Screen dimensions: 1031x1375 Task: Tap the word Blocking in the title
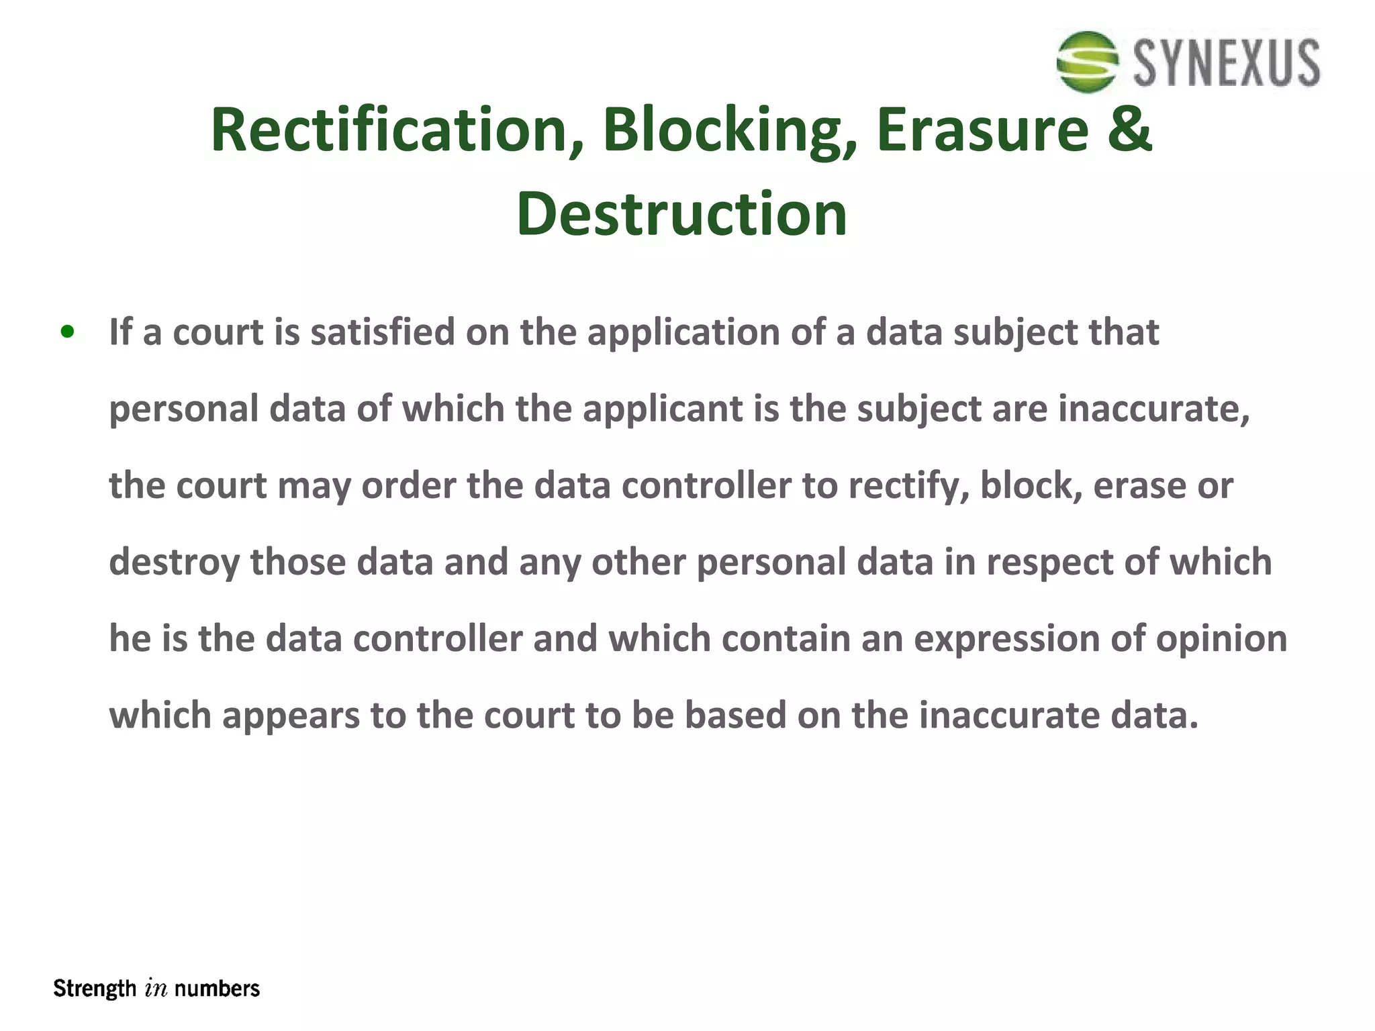(x=730, y=130)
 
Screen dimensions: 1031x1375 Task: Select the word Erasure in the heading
(x=982, y=130)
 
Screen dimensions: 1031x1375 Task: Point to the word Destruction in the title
(x=681, y=214)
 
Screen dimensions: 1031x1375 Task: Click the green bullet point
(x=67, y=332)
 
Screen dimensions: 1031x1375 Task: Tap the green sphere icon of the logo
(x=1088, y=62)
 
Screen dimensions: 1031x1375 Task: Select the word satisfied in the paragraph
(x=382, y=332)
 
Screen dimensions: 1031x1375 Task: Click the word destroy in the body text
(x=174, y=562)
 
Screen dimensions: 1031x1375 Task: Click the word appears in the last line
(x=291, y=716)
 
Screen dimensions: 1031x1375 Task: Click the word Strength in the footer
(x=95, y=989)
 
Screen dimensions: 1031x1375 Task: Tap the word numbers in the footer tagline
(x=217, y=989)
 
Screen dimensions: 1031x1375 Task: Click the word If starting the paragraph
(x=120, y=332)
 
